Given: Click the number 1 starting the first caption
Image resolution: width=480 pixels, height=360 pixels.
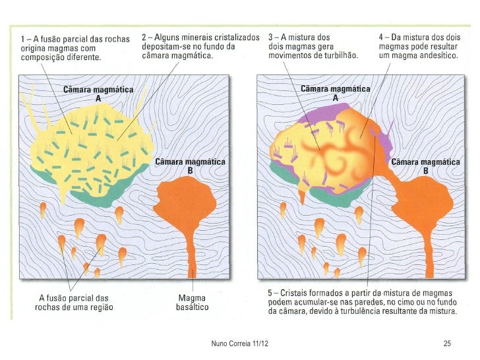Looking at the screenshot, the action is pos(22,38).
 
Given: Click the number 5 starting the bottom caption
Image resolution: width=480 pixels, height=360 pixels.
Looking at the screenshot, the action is pos(271,292).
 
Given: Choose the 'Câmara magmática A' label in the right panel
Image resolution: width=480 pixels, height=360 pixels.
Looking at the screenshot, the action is pos(336,92).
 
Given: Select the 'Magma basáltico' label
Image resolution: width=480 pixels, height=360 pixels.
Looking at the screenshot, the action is pos(193,302).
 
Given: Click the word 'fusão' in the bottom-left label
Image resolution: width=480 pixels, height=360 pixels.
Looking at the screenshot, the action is pos(60,297).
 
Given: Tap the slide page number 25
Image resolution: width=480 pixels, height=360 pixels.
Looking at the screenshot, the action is pos(446,344).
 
